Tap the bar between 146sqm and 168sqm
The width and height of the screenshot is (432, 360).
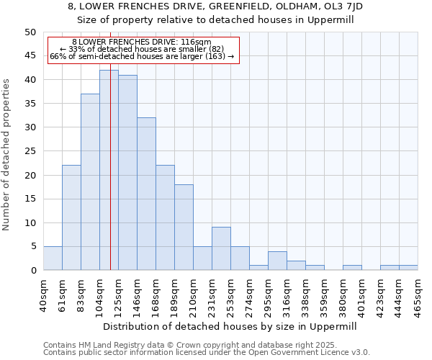point(146,194)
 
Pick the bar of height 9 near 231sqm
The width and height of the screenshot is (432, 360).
point(221,248)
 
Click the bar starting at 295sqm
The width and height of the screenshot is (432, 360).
point(277,261)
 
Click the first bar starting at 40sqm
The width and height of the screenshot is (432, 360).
point(53,258)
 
